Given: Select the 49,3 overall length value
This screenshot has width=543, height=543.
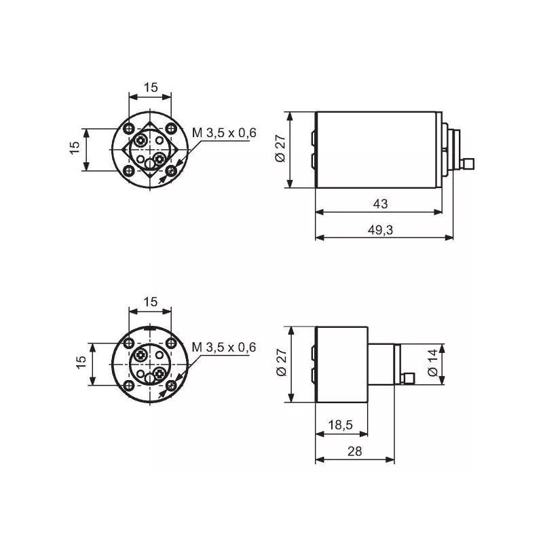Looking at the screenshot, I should [x=381, y=230].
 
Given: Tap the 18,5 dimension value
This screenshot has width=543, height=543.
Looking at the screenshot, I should [x=340, y=425].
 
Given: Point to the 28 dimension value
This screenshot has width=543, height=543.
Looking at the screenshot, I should [x=354, y=451].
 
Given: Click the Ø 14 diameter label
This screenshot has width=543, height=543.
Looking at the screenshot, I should [x=432, y=364].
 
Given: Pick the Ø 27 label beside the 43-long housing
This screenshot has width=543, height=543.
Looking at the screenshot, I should [x=280, y=149].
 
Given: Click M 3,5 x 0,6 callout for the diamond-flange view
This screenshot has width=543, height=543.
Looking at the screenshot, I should [x=224, y=133].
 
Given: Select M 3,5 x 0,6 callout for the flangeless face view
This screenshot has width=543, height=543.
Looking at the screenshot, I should [x=224, y=348].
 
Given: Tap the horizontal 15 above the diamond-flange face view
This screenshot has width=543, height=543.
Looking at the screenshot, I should [x=151, y=88].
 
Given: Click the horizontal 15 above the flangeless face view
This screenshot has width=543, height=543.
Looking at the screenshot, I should [x=151, y=302].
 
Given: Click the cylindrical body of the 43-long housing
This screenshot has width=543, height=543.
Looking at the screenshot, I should [x=377, y=149].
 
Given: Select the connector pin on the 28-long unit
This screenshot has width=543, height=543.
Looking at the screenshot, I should [x=409, y=377].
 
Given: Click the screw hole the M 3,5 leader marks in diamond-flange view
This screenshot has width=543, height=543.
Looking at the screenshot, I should [x=172, y=170].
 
